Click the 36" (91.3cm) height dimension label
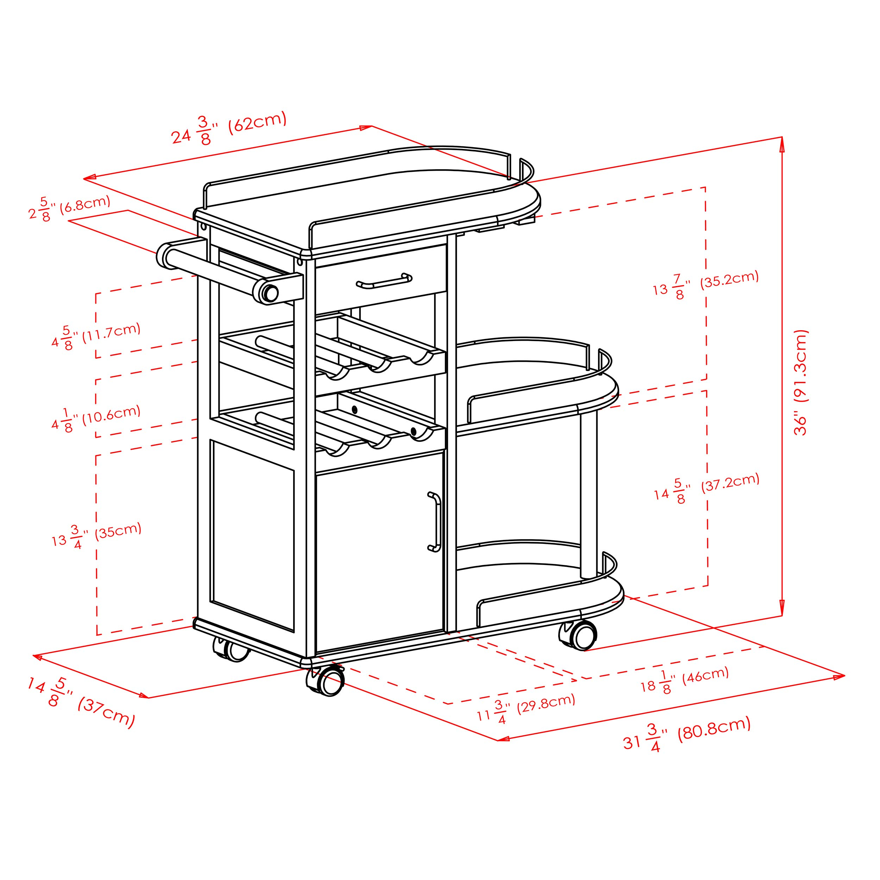(800, 383)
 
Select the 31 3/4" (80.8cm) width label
(686, 734)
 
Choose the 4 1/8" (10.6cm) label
(96, 418)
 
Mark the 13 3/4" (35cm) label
(96, 535)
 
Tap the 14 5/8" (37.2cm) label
(707, 489)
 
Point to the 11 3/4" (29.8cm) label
(526, 709)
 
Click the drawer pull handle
(384, 281)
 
